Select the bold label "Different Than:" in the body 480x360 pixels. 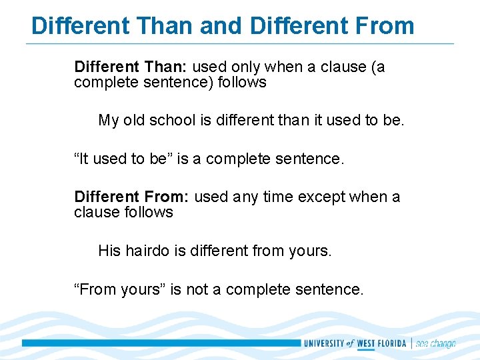(131, 67)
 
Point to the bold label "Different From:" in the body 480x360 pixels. (132, 197)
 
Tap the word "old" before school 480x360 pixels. (133, 121)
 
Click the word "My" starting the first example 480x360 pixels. (108, 121)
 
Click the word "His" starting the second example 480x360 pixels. (109, 251)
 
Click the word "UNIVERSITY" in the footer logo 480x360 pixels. (323, 343)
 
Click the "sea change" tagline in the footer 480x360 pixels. (435, 343)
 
